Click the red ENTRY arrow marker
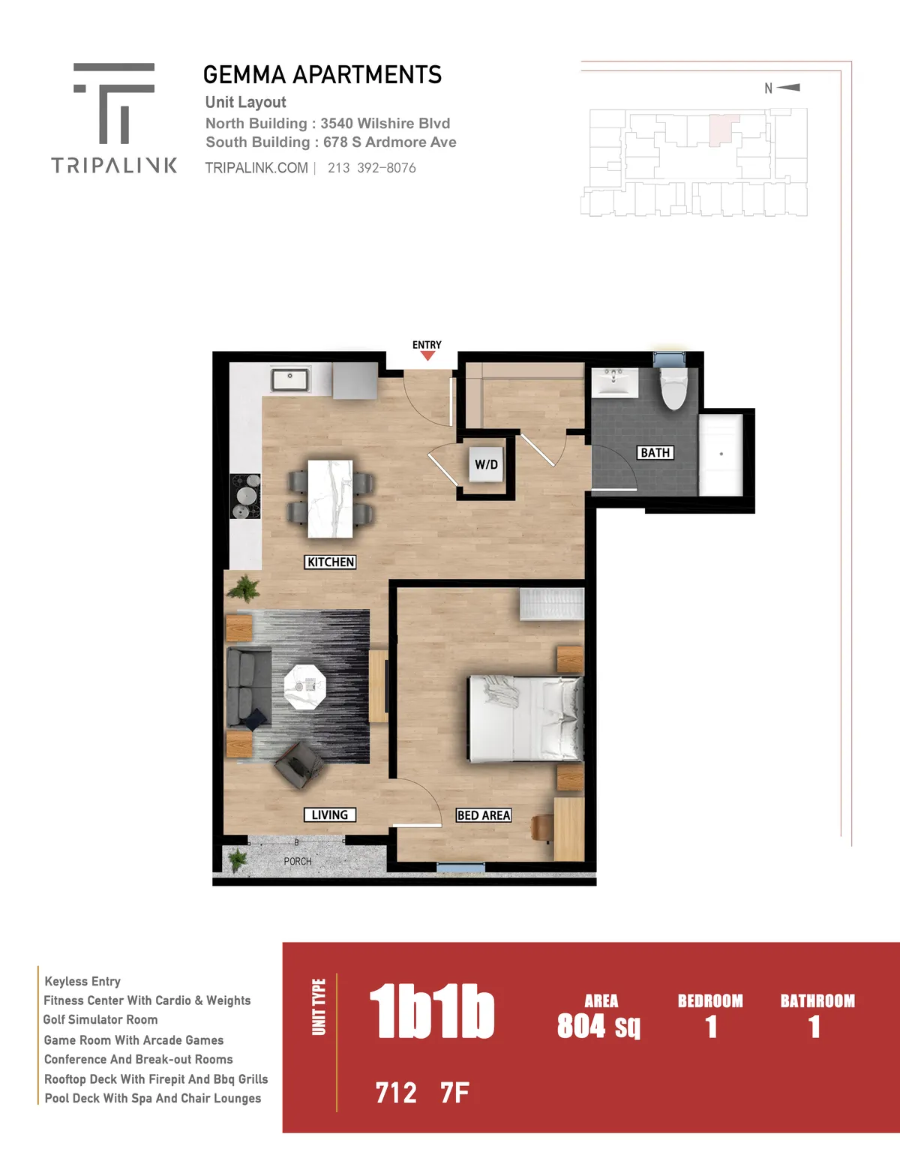click(427, 356)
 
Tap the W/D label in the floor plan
click(486, 464)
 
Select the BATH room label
click(655, 453)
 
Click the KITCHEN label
click(330, 562)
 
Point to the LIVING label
click(330, 814)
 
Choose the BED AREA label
click(484, 815)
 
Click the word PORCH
click(298, 861)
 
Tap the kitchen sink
click(289, 379)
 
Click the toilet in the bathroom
click(673, 387)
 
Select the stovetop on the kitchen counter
click(245, 496)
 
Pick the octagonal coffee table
click(304, 687)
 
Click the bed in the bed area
click(525, 718)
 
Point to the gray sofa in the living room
click(248, 688)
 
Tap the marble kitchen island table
click(330, 499)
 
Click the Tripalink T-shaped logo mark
click(114, 103)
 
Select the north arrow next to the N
click(788, 87)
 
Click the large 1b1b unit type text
click(431, 1011)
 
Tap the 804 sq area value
click(598, 1026)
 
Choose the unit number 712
click(396, 1093)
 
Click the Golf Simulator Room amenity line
click(100, 1019)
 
